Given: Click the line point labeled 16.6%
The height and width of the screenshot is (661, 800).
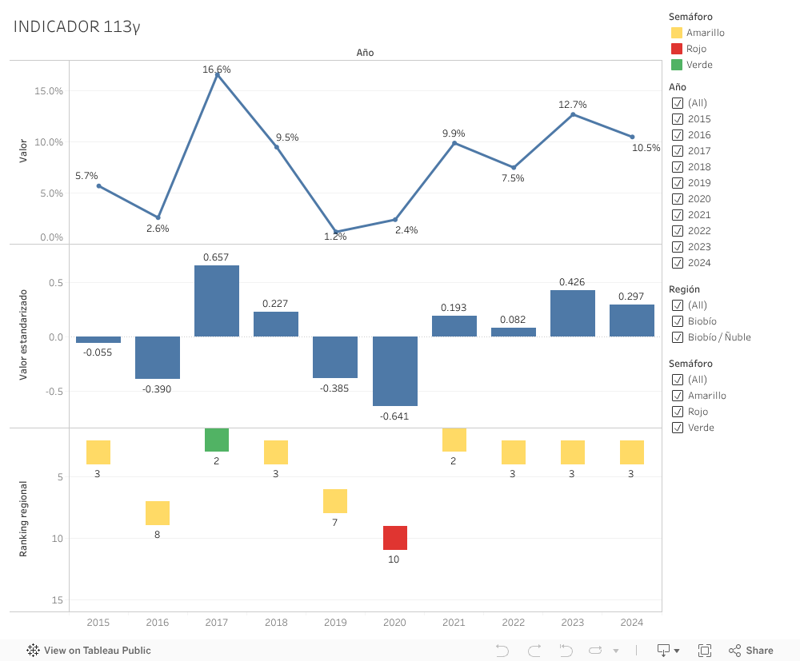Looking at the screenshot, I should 217,74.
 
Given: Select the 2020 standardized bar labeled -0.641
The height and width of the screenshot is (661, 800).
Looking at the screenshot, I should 394,371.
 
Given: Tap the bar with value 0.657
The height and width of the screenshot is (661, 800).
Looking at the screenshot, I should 217,301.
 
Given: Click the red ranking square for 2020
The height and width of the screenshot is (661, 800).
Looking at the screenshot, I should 394,538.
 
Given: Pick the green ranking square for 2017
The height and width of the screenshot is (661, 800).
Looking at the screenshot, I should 217,440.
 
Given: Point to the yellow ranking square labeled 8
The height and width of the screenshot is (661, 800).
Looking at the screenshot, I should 158,513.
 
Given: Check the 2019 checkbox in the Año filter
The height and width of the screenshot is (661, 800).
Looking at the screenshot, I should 678,183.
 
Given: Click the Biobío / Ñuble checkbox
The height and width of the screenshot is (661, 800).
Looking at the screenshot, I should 678,337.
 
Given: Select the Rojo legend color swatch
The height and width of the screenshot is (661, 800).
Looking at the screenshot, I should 677,49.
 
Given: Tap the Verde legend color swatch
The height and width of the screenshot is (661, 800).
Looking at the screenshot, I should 677,65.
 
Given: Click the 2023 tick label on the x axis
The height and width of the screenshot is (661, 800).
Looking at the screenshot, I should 572,623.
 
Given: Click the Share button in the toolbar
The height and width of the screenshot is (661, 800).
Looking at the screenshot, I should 751,651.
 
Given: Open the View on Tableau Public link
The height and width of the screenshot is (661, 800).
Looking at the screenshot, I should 89,651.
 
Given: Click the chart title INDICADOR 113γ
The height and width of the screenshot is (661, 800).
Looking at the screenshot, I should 77,27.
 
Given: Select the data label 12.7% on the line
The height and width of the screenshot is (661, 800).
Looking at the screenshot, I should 572,105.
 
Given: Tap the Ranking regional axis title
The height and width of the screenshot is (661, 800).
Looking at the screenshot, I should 23,519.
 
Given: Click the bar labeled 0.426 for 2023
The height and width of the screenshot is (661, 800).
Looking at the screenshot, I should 572,313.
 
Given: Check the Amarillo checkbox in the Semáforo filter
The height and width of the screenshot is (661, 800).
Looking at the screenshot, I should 678,396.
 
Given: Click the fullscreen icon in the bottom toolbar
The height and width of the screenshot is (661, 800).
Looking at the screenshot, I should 705,651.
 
